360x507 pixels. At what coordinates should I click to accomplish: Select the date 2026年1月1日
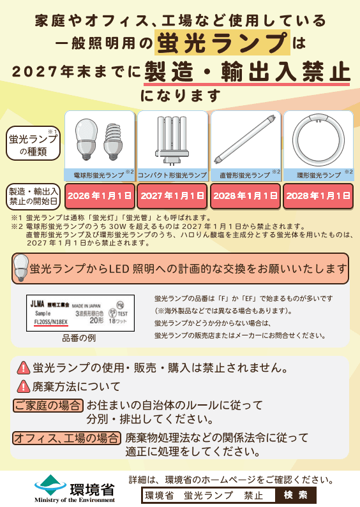point(100,195)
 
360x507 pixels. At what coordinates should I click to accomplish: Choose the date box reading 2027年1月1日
point(172,195)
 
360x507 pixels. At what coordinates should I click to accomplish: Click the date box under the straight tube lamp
point(245,195)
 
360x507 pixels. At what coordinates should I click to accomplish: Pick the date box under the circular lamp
point(318,195)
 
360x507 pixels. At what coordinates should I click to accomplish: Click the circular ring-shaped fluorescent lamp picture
point(317,141)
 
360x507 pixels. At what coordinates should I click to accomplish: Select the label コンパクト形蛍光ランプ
point(172,175)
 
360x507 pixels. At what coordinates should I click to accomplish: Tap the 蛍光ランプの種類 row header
point(33,145)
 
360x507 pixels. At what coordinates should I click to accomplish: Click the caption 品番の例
point(79,338)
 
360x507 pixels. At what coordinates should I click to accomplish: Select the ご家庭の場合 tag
point(48,405)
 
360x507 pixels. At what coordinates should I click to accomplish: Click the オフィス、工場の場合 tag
point(67,437)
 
